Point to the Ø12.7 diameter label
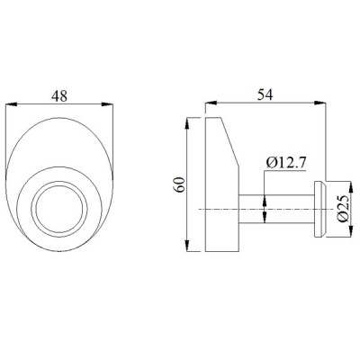(290, 162)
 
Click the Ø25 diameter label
(343, 210)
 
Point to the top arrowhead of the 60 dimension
(185, 120)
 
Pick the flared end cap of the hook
(317, 209)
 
